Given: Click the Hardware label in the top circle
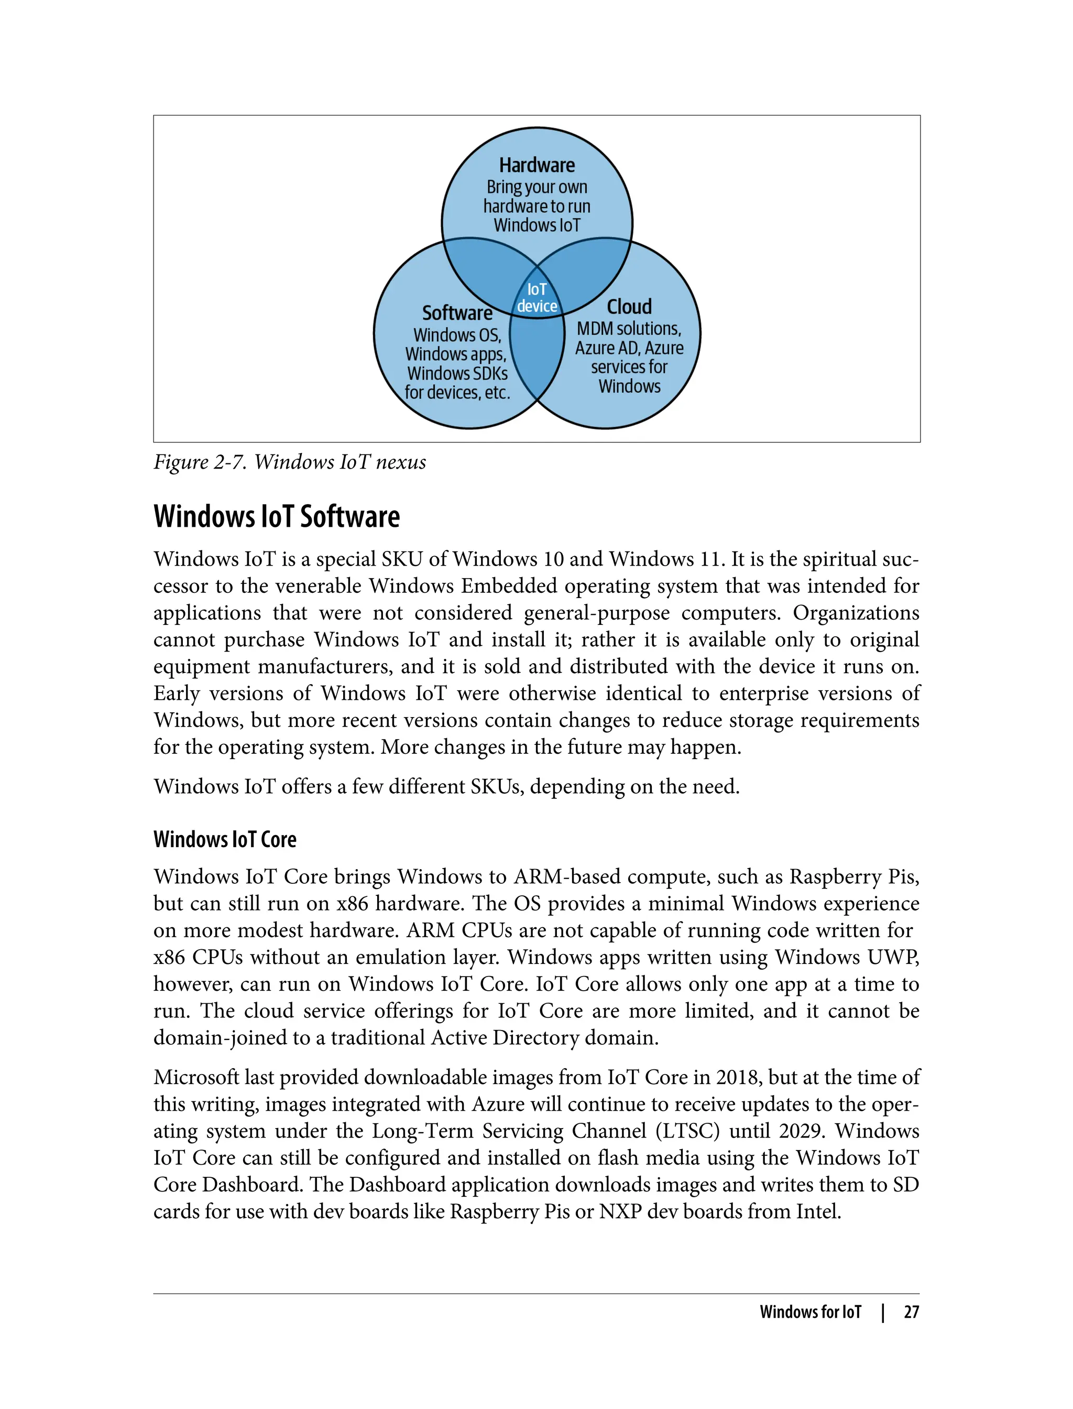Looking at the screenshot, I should click(536, 166).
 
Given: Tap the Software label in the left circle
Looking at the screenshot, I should click(457, 313).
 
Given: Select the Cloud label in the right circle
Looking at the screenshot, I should click(629, 307).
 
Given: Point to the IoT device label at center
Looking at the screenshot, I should click(537, 298).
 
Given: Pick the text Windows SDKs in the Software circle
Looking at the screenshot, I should click(457, 373).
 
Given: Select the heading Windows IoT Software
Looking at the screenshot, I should click(277, 516).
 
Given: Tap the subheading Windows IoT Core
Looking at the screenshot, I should click(225, 839).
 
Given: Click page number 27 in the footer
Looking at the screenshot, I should click(912, 1312).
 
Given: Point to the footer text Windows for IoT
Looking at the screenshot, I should click(810, 1312).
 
